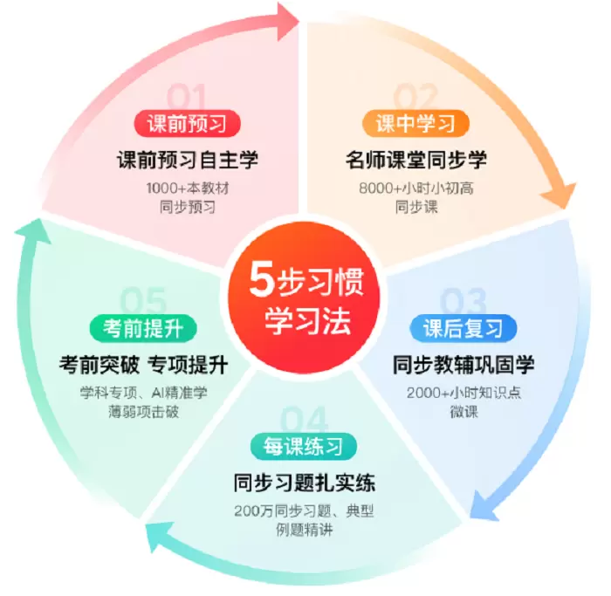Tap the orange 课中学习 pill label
[415, 123]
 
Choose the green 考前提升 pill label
[143, 328]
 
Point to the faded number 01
[188, 95]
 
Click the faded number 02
[415, 96]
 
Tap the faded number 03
[463, 301]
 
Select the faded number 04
[305, 420]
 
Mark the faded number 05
[143, 302]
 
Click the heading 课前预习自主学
[188, 161]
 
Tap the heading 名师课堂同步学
[415, 161]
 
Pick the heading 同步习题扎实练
[305, 483]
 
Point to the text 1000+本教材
[188, 188]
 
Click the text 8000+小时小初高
[415, 188]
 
